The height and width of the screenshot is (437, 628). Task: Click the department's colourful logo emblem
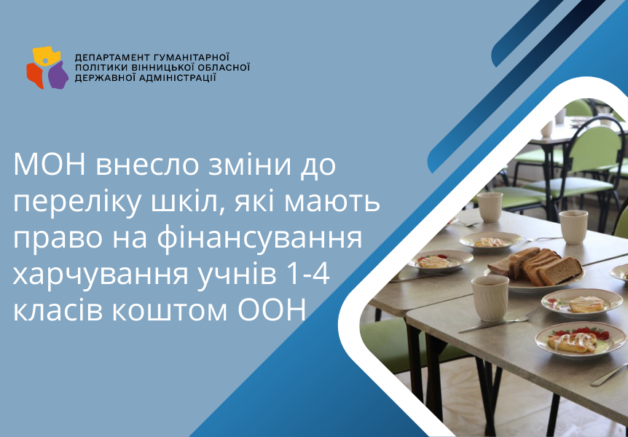(47, 67)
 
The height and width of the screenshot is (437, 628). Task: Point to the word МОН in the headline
(50, 165)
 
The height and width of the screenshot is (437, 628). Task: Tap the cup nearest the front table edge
(490, 298)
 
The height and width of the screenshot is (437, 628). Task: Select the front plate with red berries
(581, 340)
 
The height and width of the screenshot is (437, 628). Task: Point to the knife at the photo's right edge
(609, 375)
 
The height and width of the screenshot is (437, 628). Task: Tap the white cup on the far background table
(546, 129)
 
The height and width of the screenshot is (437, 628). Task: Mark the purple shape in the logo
(58, 75)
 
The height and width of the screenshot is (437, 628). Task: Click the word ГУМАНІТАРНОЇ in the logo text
(187, 57)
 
